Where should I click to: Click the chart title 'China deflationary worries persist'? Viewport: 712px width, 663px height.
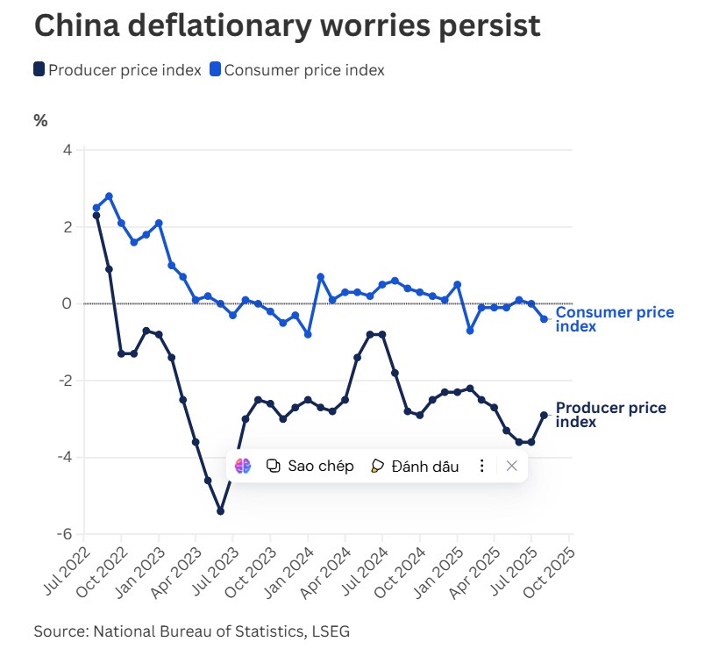(287, 26)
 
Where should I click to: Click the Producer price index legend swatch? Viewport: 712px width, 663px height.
(39, 70)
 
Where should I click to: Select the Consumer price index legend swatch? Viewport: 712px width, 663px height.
(215, 70)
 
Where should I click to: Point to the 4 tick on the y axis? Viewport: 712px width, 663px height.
(67, 150)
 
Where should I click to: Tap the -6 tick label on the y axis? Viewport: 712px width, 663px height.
(64, 534)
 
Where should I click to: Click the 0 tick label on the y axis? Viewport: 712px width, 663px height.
(67, 303)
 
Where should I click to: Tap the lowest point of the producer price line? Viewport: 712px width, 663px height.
(220, 511)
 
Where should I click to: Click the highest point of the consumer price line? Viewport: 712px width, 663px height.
(109, 196)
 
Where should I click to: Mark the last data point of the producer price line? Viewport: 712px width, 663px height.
(544, 415)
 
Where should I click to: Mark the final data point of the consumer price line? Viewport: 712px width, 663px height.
(544, 319)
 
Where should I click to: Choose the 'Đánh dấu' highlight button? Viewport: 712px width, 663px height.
(415, 466)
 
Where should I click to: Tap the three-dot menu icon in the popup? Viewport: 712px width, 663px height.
(481, 466)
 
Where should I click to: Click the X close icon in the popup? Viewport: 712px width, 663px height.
(512, 466)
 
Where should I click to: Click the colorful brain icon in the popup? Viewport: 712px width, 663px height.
(244, 466)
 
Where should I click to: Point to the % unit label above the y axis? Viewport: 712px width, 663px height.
(40, 121)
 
